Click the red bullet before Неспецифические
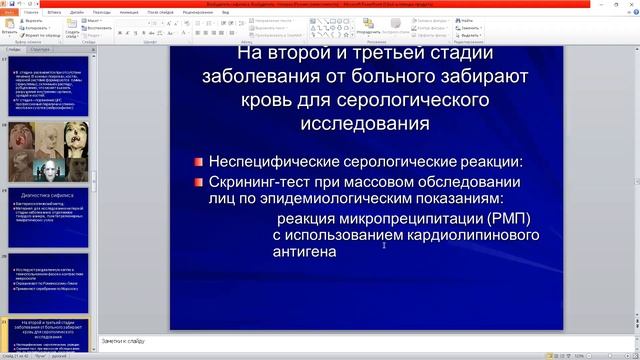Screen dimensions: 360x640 click(200, 162)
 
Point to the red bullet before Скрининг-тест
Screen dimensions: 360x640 click(200, 183)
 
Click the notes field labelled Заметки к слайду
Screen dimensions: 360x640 click(124, 342)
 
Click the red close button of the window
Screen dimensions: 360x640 click(629, 4)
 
